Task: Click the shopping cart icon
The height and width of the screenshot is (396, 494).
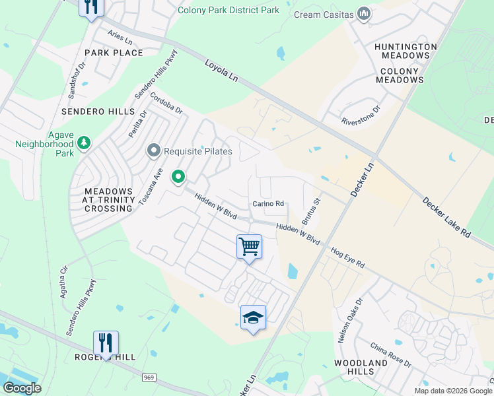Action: [249, 247]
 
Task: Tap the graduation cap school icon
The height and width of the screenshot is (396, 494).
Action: [253, 317]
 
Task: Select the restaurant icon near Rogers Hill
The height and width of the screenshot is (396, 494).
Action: [106, 343]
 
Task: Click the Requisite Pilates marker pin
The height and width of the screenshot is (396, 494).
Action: [154, 151]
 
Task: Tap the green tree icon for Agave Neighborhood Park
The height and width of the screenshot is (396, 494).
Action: [84, 143]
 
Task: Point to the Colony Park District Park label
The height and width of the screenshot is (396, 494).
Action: [229, 10]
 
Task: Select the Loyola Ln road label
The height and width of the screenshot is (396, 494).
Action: [221, 73]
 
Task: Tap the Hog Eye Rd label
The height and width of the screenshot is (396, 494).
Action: [347, 257]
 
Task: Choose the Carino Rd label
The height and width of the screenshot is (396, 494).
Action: [268, 204]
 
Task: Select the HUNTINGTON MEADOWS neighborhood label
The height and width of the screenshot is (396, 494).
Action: [406, 51]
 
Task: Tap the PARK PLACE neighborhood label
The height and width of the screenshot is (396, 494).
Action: [114, 53]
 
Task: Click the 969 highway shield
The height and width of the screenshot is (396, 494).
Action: [149, 377]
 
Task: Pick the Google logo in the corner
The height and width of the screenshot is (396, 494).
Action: [22, 388]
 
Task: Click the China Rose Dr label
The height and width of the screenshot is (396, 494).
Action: [390, 356]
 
